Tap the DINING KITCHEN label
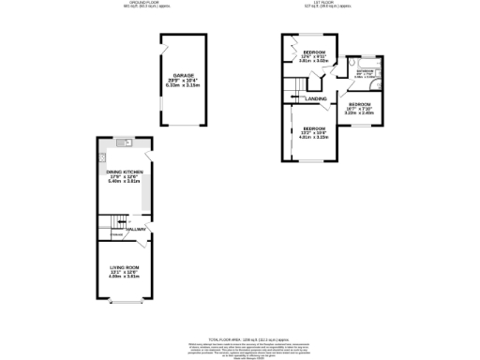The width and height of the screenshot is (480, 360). (124, 171)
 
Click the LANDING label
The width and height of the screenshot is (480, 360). (317, 98)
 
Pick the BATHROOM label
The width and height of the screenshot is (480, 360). (366, 71)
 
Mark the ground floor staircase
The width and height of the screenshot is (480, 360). (112, 223)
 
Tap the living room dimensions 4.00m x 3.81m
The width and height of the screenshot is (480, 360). (124, 277)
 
